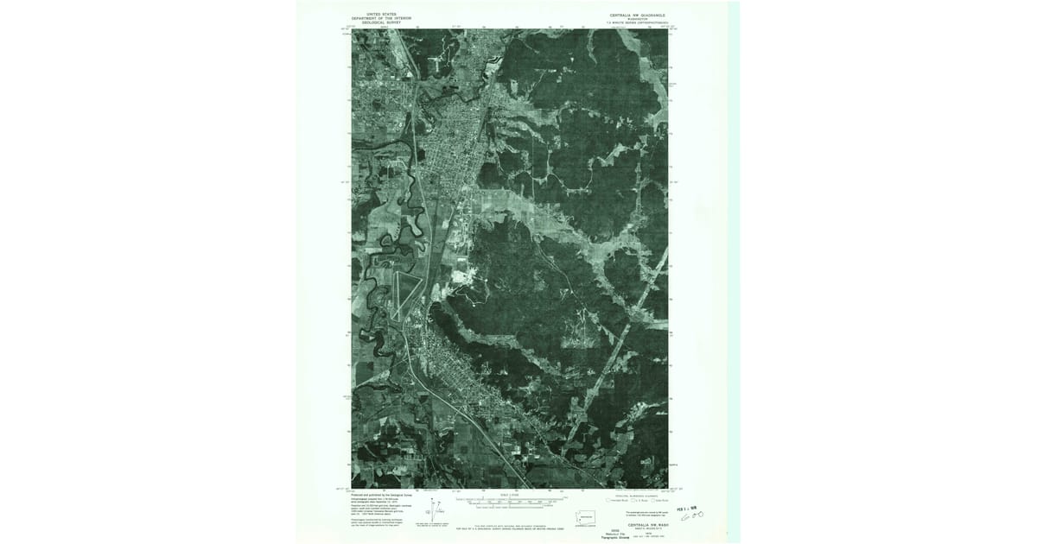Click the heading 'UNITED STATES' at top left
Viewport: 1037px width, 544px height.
click(380, 14)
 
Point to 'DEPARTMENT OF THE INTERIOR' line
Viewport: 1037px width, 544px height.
click(380, 18)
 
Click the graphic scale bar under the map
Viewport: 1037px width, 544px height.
click(510, 502)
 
